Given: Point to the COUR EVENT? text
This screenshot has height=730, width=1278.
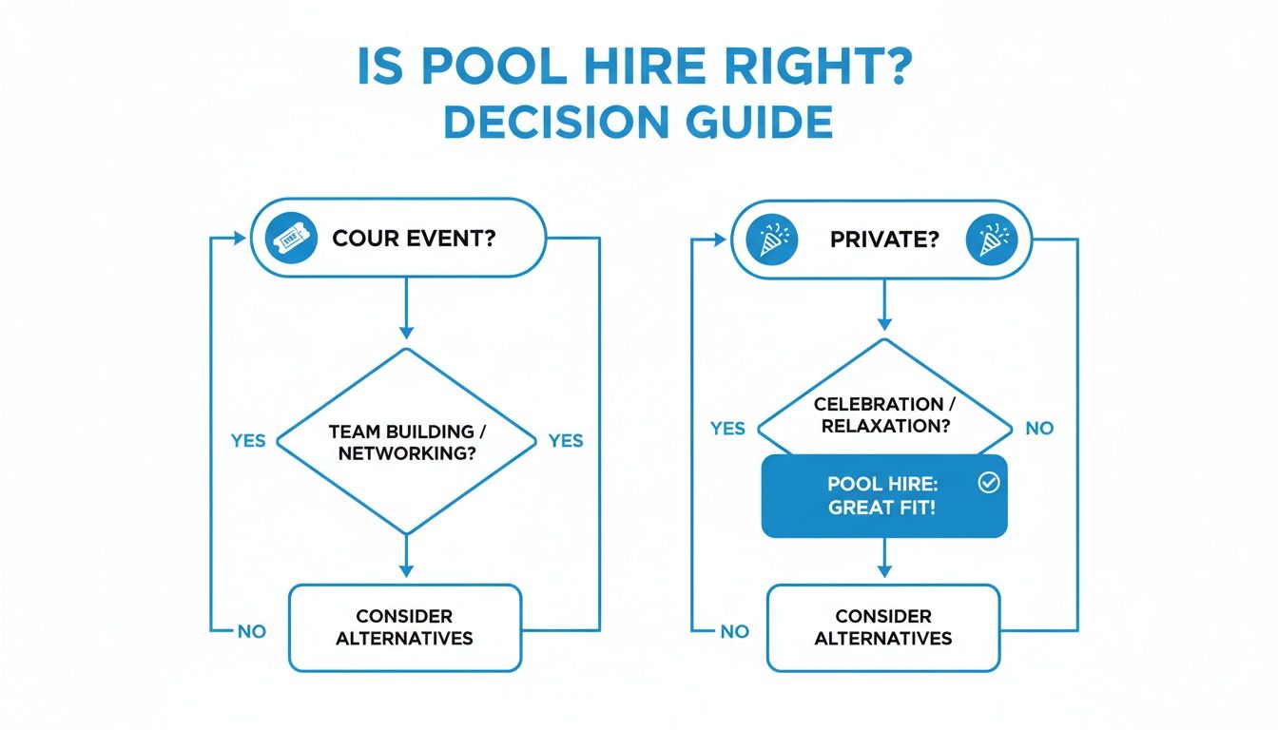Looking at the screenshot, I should (414, 238).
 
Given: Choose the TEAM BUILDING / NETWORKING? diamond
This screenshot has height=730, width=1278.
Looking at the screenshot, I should (406, 441).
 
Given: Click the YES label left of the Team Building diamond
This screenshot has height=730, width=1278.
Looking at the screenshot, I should (248, 441).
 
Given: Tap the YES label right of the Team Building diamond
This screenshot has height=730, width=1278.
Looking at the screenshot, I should (566, 441).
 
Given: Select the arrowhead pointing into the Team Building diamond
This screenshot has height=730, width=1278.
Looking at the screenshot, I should (406, 333).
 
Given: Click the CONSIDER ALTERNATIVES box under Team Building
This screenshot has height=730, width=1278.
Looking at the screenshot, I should (406, 627).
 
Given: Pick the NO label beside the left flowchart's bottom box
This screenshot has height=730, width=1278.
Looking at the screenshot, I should (252, 631).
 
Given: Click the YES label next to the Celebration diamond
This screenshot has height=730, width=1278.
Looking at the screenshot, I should (727, 428).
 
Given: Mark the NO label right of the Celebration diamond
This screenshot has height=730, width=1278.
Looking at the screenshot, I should (1039, 428).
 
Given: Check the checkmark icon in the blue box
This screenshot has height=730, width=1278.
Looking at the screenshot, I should (988, 484).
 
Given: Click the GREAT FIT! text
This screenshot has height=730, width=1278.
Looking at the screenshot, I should (882, 508).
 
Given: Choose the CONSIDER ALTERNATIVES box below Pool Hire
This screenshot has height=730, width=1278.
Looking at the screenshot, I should (883, 627).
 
